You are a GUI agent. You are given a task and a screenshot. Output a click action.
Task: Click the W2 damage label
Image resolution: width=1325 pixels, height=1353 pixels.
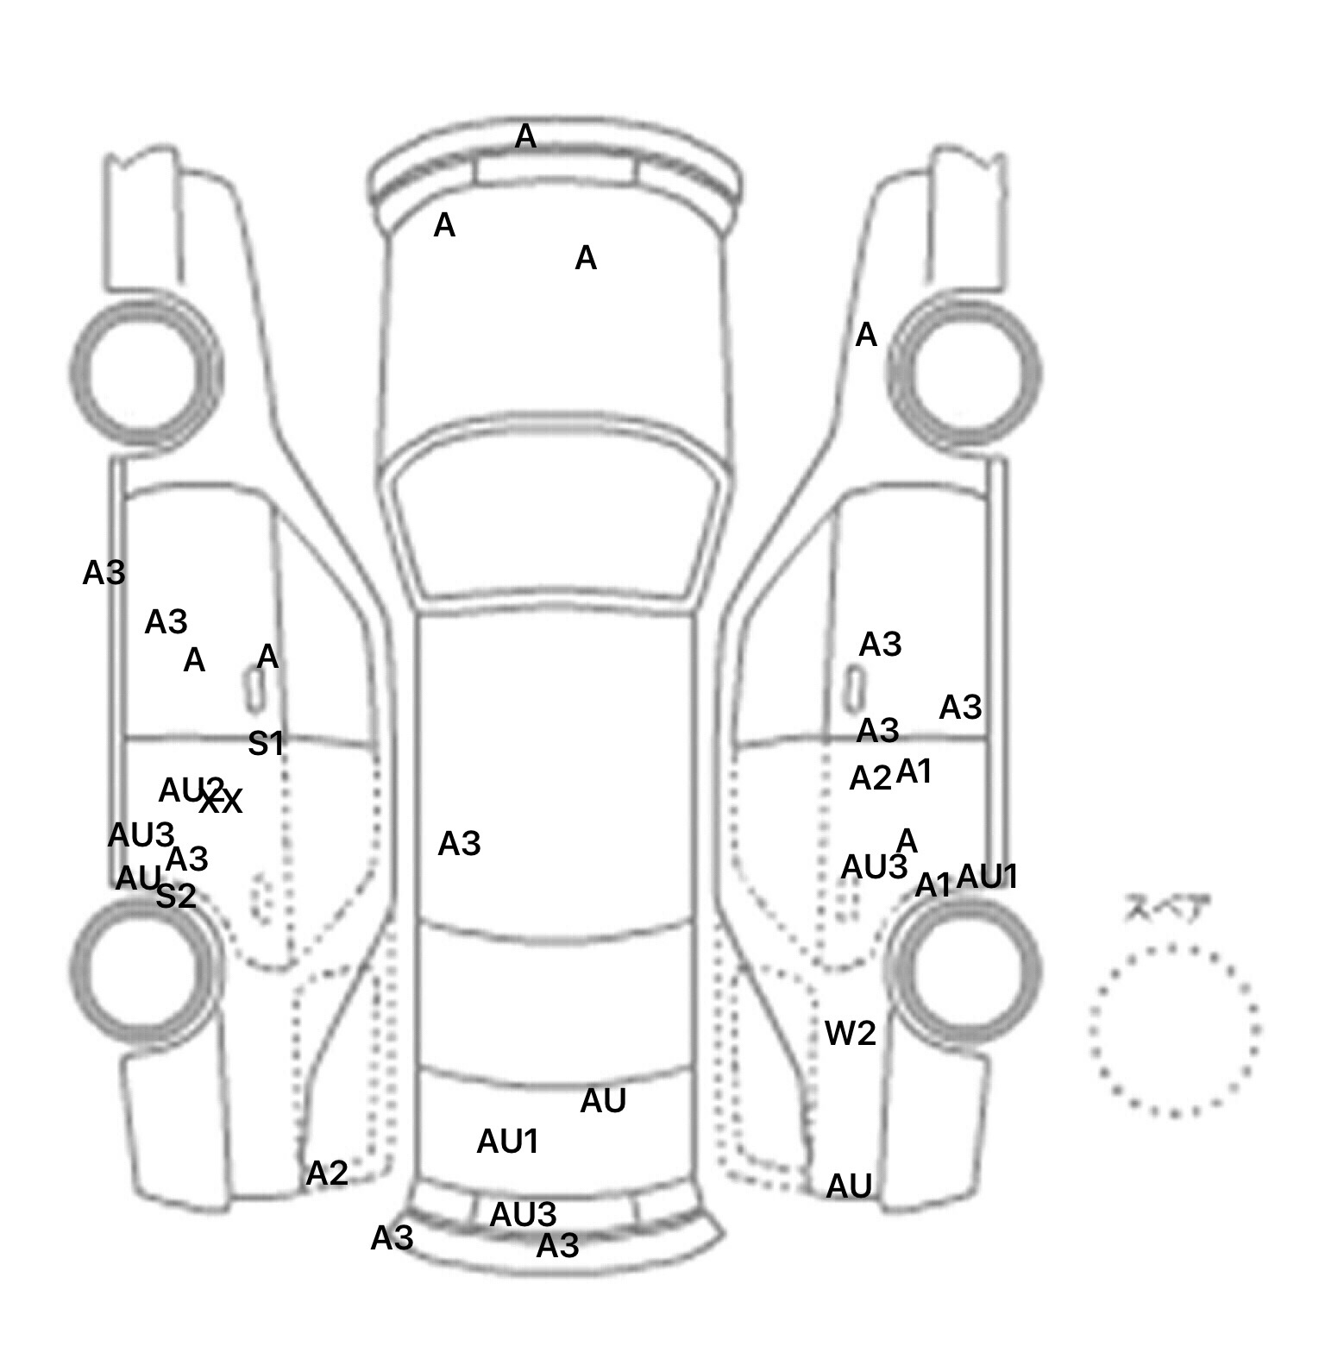point(850,1033)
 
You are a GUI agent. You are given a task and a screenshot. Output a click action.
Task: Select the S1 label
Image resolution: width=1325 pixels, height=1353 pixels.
point(266,744)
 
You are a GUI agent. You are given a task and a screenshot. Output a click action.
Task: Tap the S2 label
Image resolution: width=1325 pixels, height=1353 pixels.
point(176,897)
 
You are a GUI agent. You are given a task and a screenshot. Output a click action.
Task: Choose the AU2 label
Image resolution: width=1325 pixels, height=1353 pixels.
point(190,790)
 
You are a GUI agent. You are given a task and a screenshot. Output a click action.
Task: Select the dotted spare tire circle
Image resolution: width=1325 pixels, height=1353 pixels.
point(1173,1030)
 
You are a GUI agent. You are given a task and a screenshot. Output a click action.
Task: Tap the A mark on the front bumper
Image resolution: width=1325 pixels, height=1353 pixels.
point(525,136)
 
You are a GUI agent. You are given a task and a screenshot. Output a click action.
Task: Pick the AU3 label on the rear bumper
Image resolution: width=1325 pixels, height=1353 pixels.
point(523,1215)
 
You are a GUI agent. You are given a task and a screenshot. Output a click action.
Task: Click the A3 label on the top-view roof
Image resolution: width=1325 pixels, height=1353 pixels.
point(459,844)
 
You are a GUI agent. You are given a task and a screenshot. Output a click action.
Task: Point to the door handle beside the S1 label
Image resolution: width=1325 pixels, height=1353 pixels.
point(254,691)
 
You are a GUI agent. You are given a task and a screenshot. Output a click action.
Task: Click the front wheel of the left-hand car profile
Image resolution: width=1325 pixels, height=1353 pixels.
point(145,371)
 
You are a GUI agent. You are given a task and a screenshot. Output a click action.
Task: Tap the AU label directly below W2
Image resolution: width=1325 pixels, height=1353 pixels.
point(849,1187)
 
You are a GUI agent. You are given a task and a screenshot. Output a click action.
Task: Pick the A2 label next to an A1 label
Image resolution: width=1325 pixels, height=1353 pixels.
point(870,779)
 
